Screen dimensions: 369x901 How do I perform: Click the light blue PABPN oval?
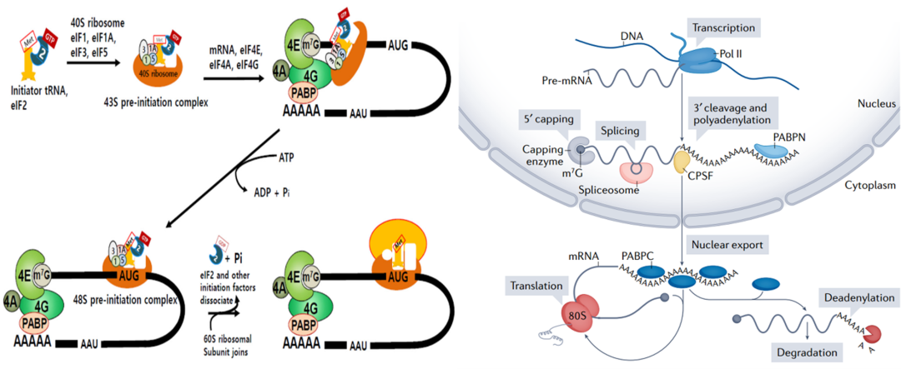pyautogui.click(x=778, y=148)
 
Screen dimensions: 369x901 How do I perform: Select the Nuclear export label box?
pyautogui.click(x=726, y=247)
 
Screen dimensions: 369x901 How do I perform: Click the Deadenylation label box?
pyautogui.click(x=859, y=297)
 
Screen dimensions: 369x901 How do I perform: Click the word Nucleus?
pyautogui.click(x=876, y=104)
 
